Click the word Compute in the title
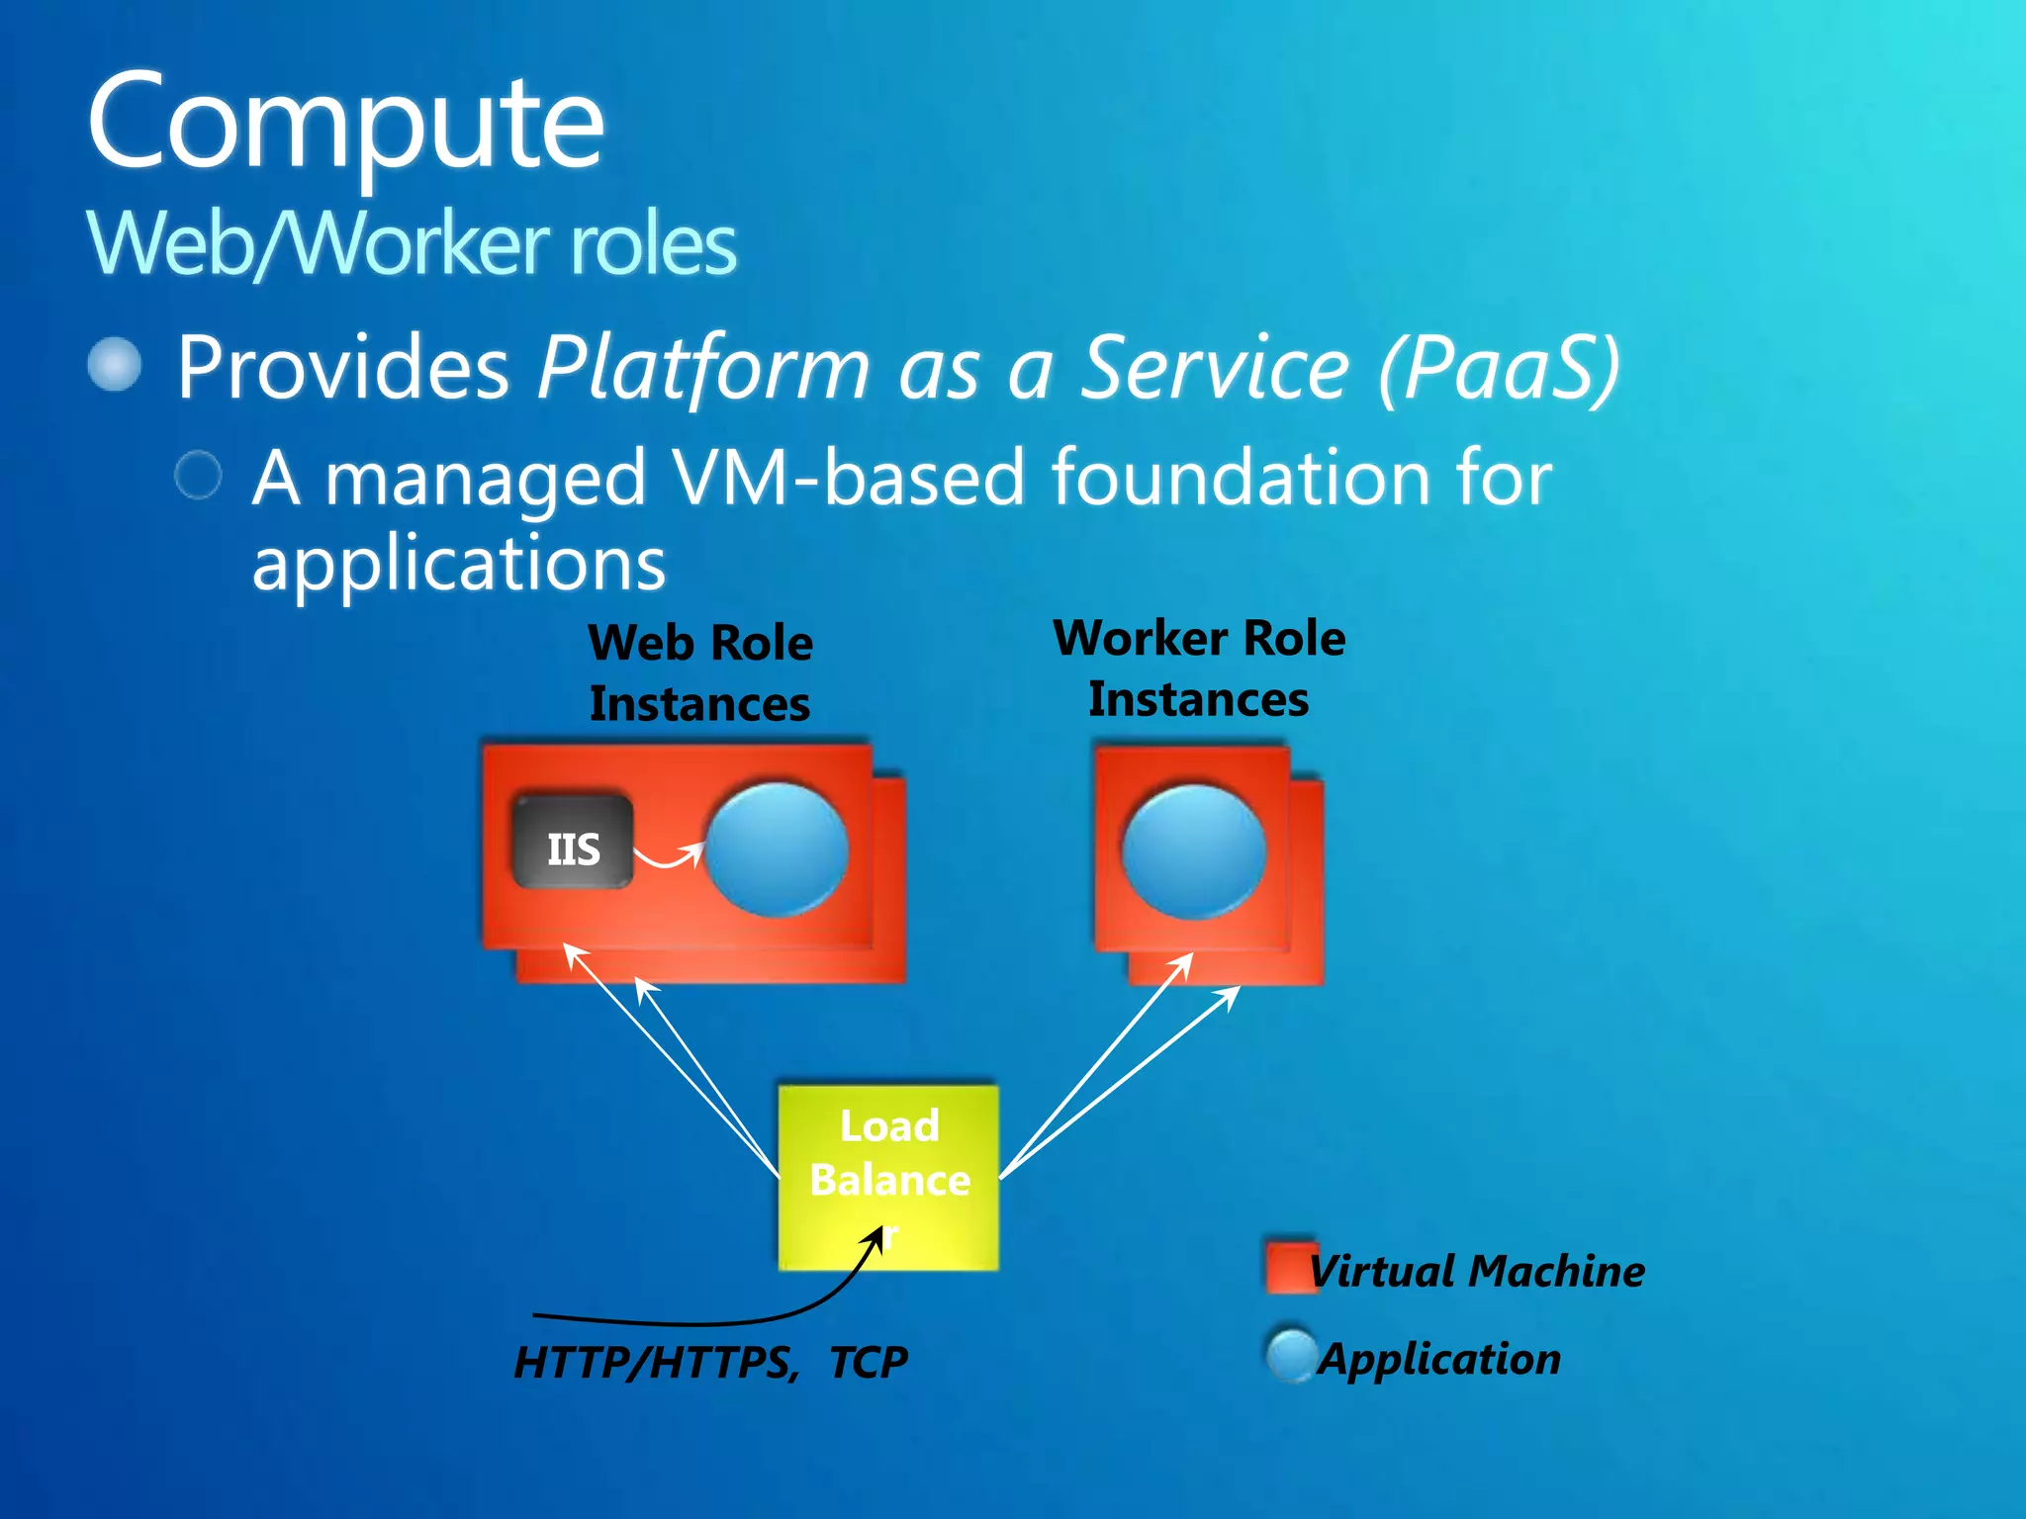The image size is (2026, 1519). [345, 124]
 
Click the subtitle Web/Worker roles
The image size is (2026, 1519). [412, 244]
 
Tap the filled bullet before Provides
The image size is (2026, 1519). [115, 365]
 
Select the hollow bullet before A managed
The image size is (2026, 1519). [198, 476]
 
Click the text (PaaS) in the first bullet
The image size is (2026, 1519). [1499, 368]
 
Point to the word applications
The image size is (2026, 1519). [458, 563]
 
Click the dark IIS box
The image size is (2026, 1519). [573, 842]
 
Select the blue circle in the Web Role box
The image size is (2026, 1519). [777, 849]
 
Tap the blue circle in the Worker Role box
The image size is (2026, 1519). [1194, 851]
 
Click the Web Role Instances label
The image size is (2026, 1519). [700, 673]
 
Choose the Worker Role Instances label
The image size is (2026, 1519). [1199, 669]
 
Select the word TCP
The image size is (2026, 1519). [868, 1363]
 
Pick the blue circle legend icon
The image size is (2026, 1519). [1291, 1356]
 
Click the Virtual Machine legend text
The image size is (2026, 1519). [1476, 1271]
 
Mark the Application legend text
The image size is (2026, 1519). [1440, 1359]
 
